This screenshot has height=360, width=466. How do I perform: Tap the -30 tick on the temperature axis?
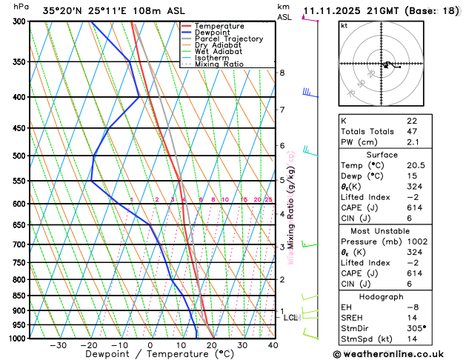(x=58, y=345)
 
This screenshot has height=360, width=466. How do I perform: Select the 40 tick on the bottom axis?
(x=273, y=345)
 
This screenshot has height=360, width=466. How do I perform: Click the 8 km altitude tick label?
(x=282, y=73)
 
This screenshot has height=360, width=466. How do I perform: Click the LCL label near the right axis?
(x=290, y=317)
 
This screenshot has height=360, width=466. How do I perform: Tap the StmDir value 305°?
(x=416, y=327)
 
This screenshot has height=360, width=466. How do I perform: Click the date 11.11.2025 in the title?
(x=336, y=11)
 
